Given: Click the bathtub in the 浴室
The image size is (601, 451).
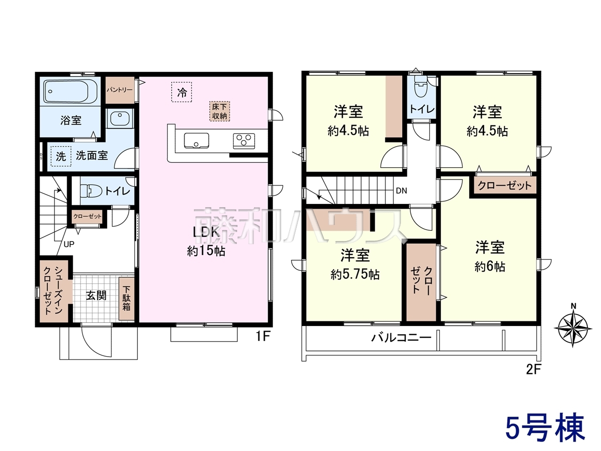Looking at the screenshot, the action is pos(70,92).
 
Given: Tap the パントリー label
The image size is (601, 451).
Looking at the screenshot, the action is pos(120,90).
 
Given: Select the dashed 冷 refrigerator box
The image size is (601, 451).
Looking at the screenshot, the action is pos(182,92).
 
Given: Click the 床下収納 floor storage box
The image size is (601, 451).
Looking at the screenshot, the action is pos(220,111).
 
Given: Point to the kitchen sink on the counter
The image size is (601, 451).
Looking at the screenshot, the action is pos(196,140).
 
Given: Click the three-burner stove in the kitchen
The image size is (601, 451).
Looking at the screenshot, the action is pos(244,141).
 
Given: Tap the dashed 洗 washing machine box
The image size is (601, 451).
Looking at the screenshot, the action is pos(61,156).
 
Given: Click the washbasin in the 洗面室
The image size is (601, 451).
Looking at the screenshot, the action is pos(120,118).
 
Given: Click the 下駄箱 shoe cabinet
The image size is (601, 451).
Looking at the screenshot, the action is pos(126,299).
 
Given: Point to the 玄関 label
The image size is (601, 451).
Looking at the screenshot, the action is pos(96,296).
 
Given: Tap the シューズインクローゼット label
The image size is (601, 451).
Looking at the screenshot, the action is pos(53,290).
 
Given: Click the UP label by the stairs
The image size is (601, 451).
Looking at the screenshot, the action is pos(69,244).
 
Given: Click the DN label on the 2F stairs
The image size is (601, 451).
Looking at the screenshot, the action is pos(401,191).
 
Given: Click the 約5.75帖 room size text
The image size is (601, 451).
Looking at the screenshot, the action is pos(355,274).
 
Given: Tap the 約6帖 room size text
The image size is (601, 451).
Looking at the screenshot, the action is pos(490,266).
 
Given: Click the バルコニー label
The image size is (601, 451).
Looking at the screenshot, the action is pos(401,338).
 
